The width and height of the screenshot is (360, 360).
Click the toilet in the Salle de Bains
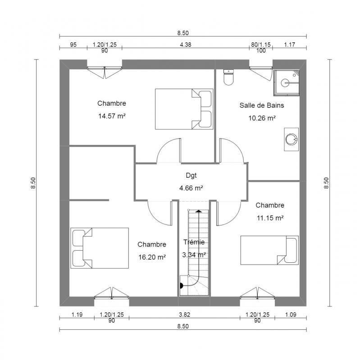(229, 77)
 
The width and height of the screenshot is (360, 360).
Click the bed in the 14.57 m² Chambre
(184, 108)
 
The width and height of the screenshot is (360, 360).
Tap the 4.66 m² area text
(191, 188)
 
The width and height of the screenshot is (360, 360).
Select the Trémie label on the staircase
(194, 242)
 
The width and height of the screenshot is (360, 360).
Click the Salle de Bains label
(261, 105)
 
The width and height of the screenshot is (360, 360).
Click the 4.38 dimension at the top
(186, 44)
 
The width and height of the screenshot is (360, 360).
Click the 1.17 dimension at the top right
(289, 44)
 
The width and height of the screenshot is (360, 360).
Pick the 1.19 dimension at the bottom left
(76, 315)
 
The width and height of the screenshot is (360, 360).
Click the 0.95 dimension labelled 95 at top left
(73, 44)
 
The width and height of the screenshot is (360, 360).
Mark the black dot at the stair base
(181, 285)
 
